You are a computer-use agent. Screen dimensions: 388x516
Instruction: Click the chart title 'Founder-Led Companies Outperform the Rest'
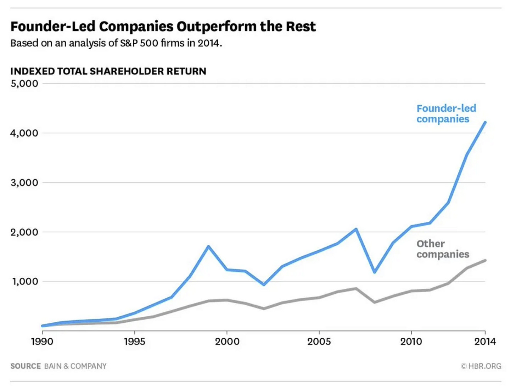tap(163, 27)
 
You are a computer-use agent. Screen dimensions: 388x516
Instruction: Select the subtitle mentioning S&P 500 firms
tap(116, 43)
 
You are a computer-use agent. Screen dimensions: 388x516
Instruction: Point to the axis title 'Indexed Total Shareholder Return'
tap(108, 71)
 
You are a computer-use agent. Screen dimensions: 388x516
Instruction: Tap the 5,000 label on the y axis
tap(24, 84)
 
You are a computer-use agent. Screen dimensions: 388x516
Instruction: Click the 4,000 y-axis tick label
tap(24, 133)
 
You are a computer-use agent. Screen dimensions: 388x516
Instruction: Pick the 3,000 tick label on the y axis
tap(24, 183)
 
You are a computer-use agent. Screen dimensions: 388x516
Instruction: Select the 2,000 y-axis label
tap(24, 232)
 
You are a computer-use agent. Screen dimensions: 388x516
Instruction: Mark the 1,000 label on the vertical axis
tap(25, 282)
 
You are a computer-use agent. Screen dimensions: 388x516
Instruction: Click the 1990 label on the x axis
tap(42, 342)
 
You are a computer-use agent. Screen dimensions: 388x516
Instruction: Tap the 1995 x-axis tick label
tap(134, 342)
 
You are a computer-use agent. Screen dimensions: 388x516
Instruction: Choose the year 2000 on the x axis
tap(227, 342)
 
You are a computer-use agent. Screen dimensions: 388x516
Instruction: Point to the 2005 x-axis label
tap(319, 342)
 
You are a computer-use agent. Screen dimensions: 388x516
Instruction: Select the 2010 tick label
tap(411, 342)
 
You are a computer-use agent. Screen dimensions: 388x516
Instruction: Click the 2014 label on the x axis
tap(485, 342)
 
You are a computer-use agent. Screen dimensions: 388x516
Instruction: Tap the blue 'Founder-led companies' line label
tap(446, 113)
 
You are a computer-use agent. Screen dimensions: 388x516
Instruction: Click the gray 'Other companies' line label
tap(443, 249)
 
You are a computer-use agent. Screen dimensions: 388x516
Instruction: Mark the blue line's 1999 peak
tap(208, 246)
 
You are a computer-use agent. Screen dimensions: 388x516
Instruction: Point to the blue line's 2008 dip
tap(375, 272)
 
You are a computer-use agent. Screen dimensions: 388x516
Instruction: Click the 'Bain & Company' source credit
tap(75, 366)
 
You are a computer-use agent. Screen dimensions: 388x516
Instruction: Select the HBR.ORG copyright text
tap(481, 366)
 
